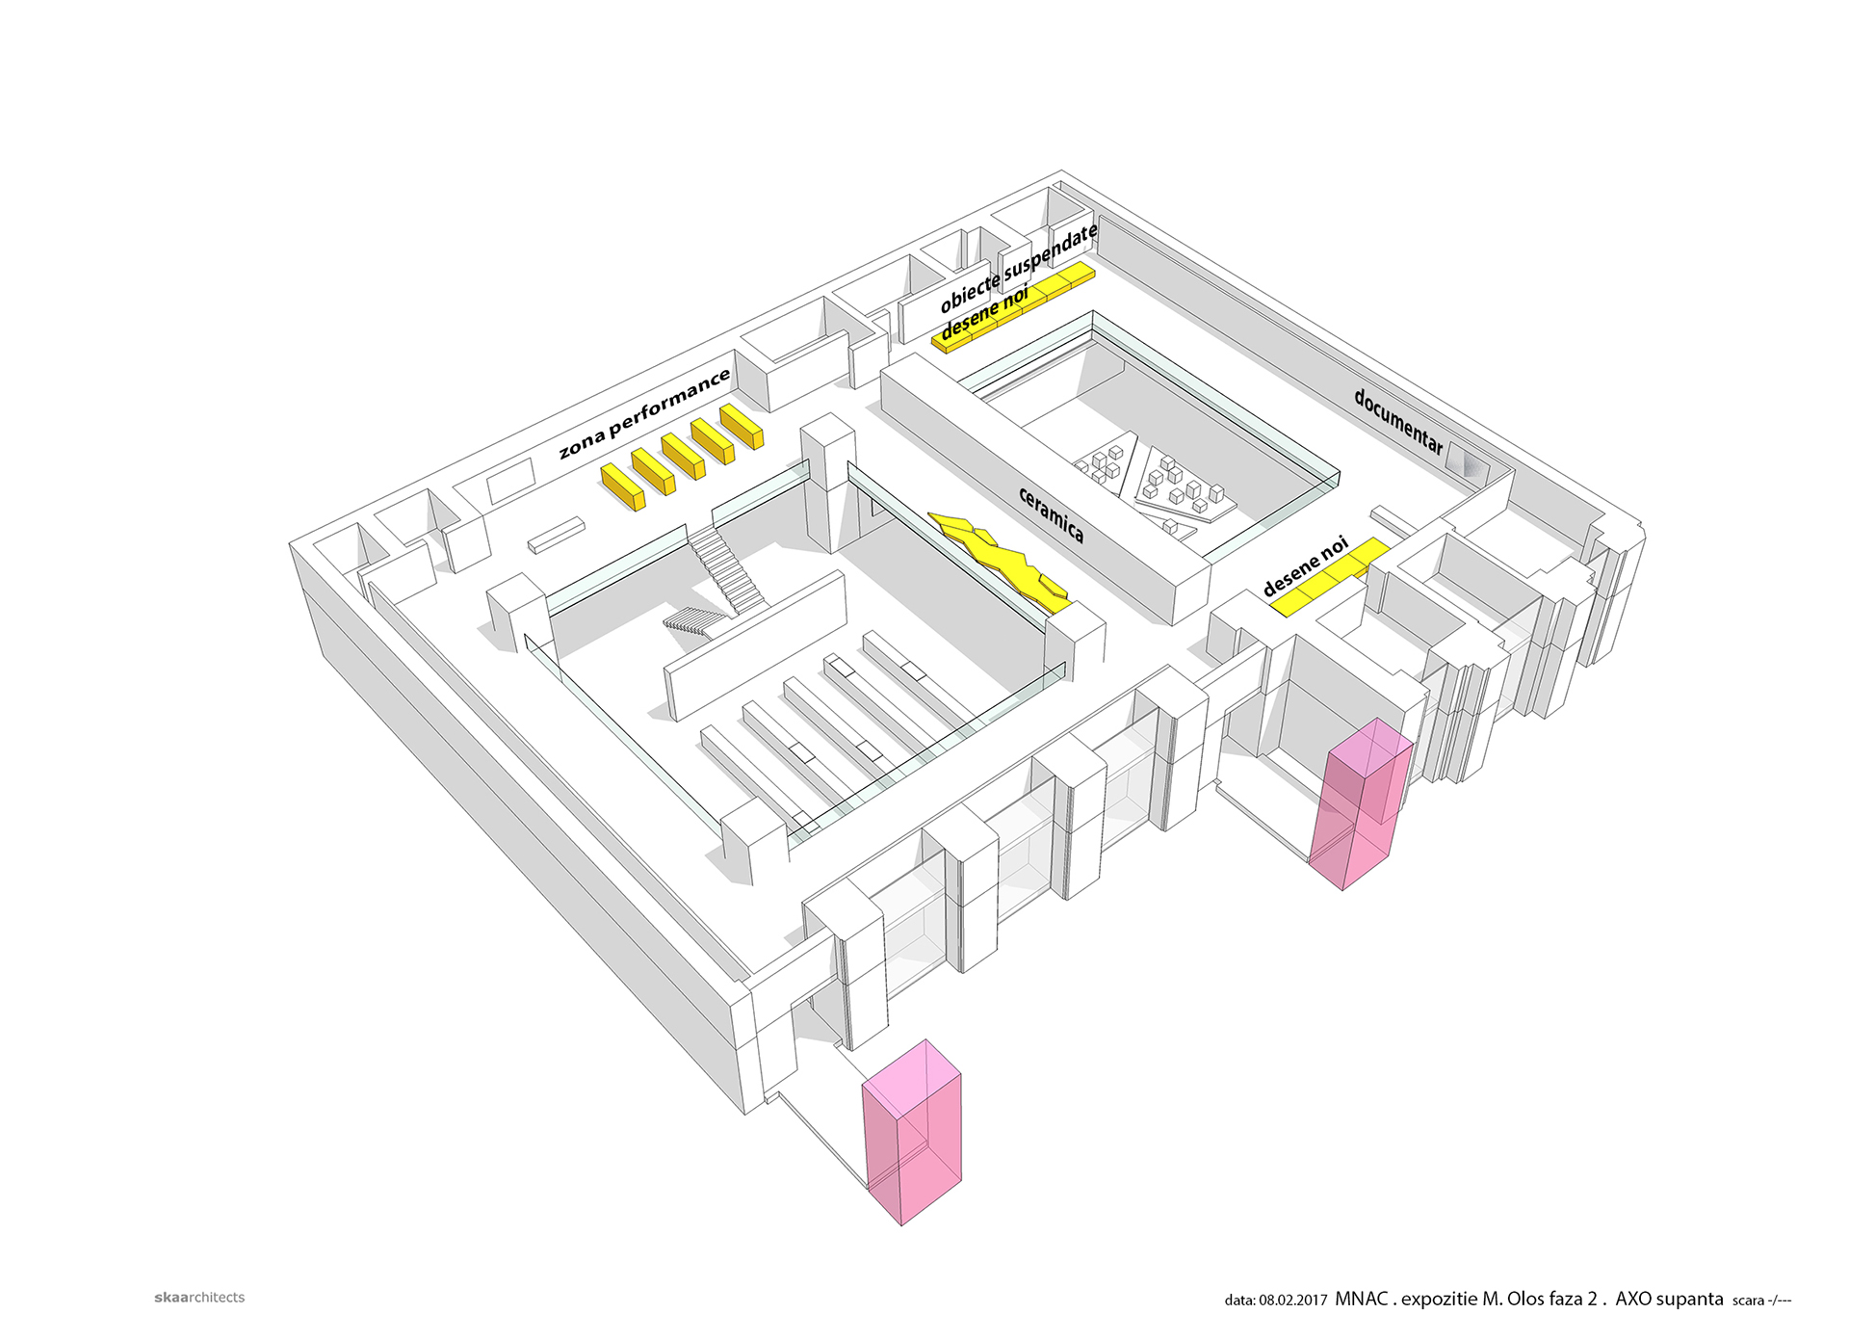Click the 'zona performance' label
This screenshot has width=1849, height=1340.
point(644,413)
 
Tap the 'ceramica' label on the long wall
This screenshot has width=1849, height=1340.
point(1051,514)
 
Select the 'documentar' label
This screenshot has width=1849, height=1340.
point(1398,421)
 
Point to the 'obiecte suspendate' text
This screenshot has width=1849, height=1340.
point(1019,268)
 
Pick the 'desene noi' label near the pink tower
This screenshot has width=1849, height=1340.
point(1305,566)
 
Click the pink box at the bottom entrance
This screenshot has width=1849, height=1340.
point(912,1132)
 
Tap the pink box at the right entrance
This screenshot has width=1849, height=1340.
point(1360,803)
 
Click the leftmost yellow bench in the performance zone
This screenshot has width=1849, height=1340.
point(622,486)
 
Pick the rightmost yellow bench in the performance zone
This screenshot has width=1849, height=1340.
point(742,425)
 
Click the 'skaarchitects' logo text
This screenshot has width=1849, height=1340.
point(199,1298)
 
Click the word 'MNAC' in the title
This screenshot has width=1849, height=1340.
point(1361,1299)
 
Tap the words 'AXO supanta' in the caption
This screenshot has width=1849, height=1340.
point(1669,1299)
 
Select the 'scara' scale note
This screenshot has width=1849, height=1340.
point(1749,1301)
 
